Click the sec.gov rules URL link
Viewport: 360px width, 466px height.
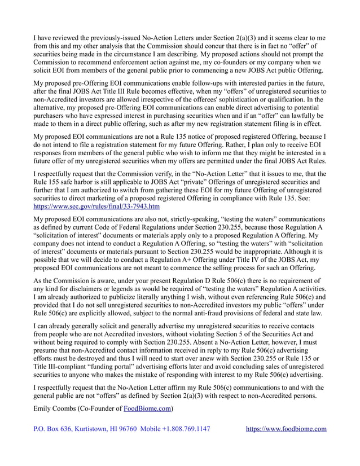point(96,206)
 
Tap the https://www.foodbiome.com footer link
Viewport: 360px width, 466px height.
point(287,429)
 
